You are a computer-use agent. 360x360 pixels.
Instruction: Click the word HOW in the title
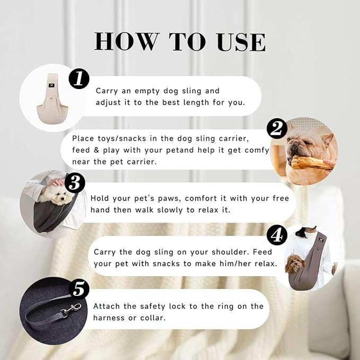(127, 42)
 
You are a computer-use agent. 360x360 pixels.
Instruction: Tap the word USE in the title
(241, 42)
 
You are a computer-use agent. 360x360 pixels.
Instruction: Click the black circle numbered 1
(79, 79)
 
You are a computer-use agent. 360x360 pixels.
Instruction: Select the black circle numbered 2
(277, 128)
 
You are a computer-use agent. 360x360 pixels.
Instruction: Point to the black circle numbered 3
(75, 183)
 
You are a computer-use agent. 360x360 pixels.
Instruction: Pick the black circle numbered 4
(277, 235)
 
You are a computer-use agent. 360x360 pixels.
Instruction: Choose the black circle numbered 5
(79, 289)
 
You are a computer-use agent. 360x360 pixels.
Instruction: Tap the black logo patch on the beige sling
(51, 85)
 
